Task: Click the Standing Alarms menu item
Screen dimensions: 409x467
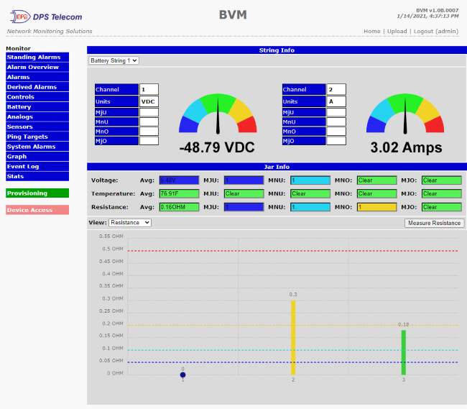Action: [37, 57]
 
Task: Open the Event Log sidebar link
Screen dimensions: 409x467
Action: [37, 166]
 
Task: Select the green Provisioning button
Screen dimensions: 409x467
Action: [37, 193]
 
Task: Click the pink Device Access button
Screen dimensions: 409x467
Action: [37, 210]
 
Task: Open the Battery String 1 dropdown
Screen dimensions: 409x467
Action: [114, 61]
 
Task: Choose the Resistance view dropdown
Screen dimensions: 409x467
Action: [130, 223]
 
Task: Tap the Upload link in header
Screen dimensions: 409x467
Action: [397, 32]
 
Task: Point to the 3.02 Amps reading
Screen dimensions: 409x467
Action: [406, 148]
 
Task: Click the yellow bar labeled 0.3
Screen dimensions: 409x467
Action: [293, 336]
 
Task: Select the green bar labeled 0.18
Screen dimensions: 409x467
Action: [404, 351]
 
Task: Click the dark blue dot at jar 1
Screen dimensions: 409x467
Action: [182, 374]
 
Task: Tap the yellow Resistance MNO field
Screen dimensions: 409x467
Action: [376, 207]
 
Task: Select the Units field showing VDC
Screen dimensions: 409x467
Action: [149, 102]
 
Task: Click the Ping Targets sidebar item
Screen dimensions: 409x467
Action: [37, 137]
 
